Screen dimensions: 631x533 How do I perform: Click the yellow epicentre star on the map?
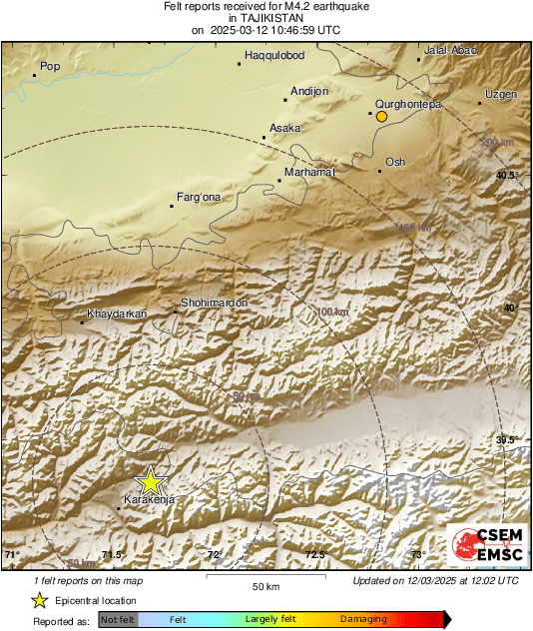click(150, 480)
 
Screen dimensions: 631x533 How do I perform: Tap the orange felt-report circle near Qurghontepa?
click(380, 117)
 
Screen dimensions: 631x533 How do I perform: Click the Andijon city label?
click(308, 91)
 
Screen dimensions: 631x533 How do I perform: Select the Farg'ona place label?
click(198, 197)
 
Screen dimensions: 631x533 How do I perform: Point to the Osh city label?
click(395, 162)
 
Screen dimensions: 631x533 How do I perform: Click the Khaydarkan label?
click(117, 315)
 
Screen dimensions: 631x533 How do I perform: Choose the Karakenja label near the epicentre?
click(148, 499)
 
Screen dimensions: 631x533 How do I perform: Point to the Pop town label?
click(49, 67)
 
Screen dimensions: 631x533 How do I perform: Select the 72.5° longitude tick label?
click(315, 554)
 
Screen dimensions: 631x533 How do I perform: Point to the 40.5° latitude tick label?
click(508, 176)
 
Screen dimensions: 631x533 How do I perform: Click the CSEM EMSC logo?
click(481, 543)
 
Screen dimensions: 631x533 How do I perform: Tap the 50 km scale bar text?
click(265, 586)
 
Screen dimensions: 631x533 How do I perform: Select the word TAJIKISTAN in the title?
click(266, 18)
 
